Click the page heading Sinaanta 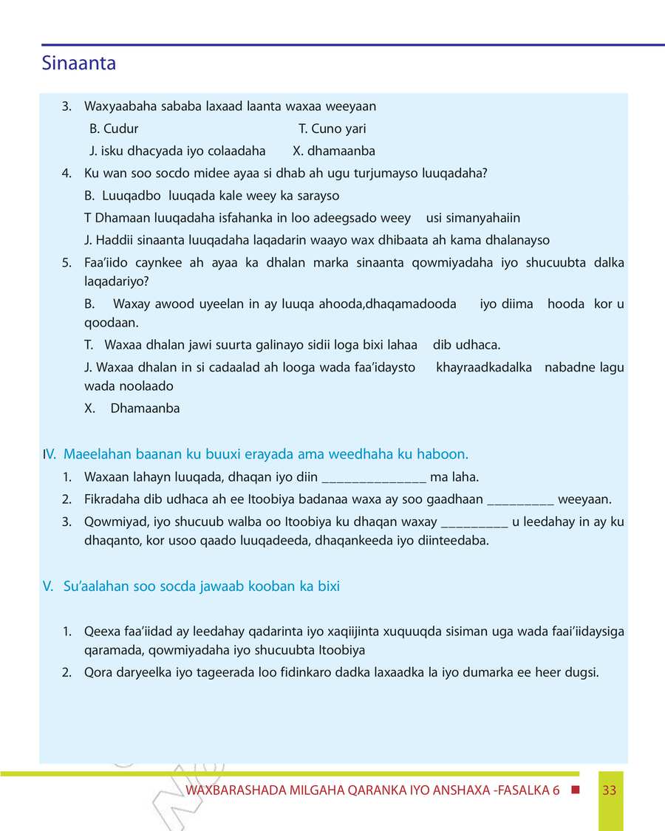(x=79, y=64)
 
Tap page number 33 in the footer (x=609, y=790)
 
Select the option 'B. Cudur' (x=114, y=129)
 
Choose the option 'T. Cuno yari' (x=332, y=129)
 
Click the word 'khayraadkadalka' (x=484, y=367)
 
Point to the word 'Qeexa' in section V (x=100, y=632)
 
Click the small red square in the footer (x=576, y=790)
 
